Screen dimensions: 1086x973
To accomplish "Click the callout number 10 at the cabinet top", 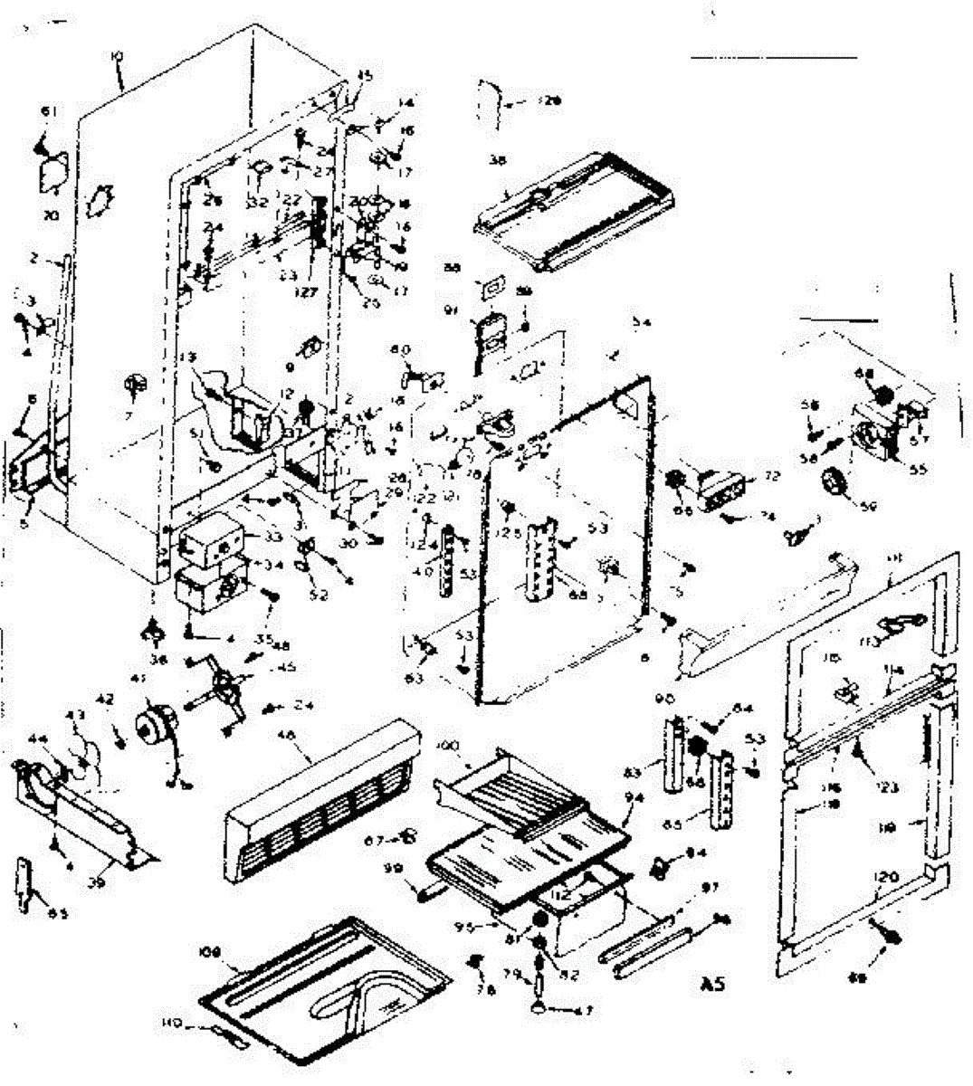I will click(x=117, y=56).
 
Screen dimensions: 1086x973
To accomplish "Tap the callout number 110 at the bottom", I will click(x=172, y=1024).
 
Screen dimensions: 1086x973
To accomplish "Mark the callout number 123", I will click(x=888, y=787).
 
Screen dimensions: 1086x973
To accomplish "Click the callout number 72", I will click(x=771, y=475).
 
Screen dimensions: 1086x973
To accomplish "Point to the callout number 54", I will click(x=642, y=322).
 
